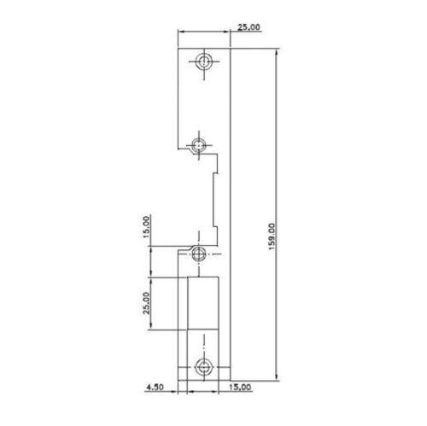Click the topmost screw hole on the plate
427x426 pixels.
(x=205, y=62)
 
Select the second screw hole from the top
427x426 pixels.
(x=199, y=144)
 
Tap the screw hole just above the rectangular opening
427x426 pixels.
(x=199, y=253)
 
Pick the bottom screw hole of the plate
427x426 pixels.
(x=205, y=368)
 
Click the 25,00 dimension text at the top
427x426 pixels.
(x=249, y=28)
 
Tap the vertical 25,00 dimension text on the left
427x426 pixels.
(x=146, y=303)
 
